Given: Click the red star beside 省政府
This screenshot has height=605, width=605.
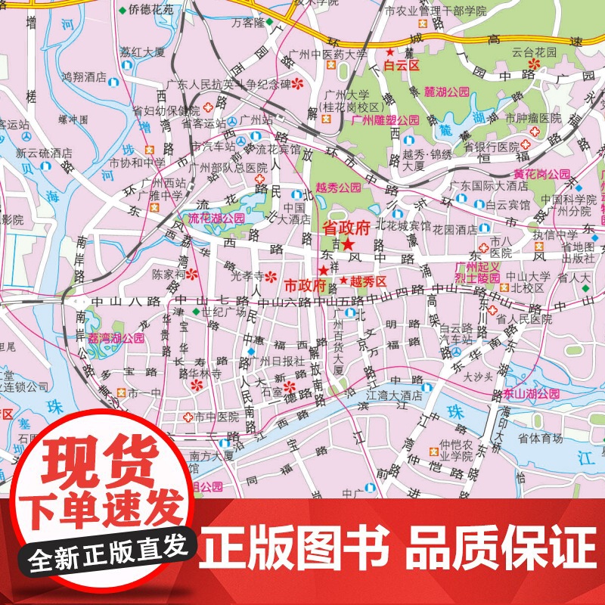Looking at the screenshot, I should coord(347,244).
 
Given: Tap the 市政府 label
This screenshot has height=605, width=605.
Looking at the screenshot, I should coord(304,286).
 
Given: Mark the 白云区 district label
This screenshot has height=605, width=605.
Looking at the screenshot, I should coord(402,66).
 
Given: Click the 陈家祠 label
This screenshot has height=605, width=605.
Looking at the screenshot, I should coord(168,274).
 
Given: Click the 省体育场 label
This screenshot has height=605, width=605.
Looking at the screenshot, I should coord(540,437).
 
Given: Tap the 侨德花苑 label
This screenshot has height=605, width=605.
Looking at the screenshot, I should coord(150,11).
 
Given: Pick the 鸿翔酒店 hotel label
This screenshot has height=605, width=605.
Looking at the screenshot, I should coord(83,76).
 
